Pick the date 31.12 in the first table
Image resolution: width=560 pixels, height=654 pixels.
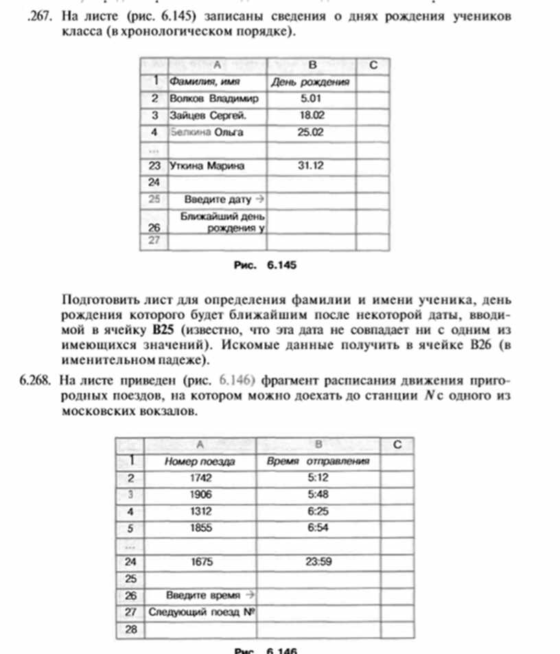(311, 165)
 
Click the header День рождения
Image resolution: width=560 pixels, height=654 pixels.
(311, 82)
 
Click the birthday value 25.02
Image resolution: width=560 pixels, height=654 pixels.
(311, 132)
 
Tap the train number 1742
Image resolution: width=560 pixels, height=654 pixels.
(200, 478)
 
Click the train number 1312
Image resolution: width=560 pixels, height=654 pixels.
(200, 511)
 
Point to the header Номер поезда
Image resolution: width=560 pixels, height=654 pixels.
(200, 462)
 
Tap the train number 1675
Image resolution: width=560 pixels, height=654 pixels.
(200, 561)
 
